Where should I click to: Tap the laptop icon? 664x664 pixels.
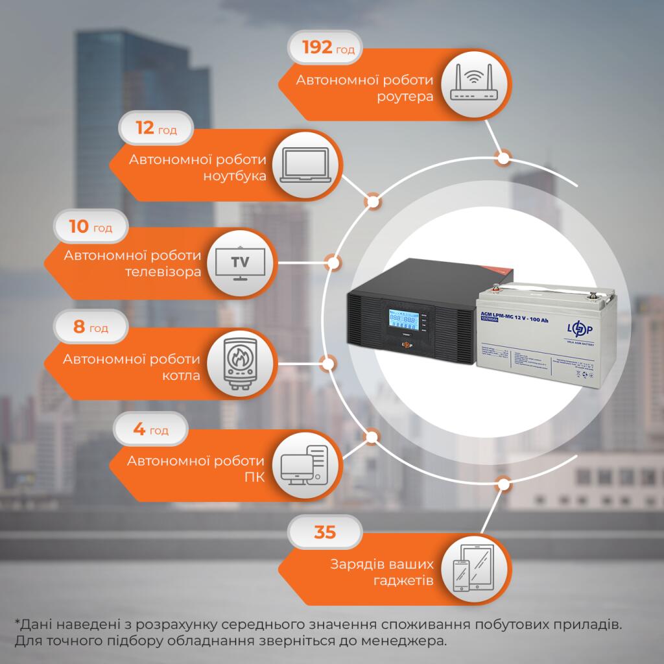click(307, 166)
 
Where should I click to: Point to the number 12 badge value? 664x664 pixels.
click(145, 128)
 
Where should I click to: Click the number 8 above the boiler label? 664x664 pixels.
click(79, 327)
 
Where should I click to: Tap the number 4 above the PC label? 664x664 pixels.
click(139, 429)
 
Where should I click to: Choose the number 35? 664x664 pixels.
click(325, 533)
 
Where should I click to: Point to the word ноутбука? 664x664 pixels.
click(235, 176)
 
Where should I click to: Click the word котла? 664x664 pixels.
click(182, 375)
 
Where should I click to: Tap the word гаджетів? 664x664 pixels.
click(403, 580)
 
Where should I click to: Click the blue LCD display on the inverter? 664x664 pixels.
click(402, 320)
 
